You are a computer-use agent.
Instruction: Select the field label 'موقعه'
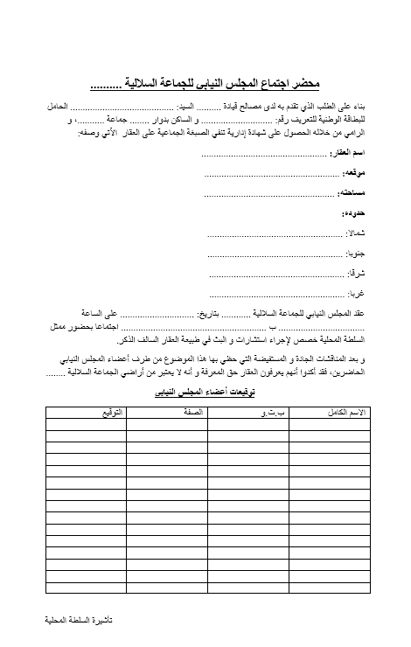pos(353,173)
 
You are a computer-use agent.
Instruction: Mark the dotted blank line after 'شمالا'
pos(275,234)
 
